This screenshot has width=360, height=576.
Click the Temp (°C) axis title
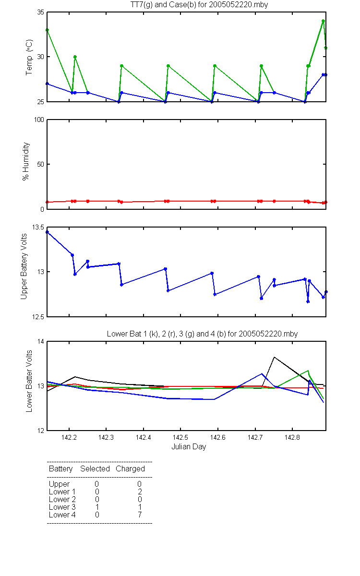[29, 57]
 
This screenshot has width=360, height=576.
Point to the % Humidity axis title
[25, 161]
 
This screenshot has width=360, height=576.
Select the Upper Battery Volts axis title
[24, 266]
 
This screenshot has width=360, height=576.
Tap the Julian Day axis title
[189, 447]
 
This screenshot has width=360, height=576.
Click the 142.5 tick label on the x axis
[180, 437]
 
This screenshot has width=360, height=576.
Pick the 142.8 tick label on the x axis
[292, 437]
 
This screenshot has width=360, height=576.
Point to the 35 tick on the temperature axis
[41, 12]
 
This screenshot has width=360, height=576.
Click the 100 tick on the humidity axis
[39, 120]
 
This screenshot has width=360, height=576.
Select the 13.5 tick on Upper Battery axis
[38, 227]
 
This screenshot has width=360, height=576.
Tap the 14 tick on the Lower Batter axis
[41, 341]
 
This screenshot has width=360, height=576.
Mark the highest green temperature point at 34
[323, 21]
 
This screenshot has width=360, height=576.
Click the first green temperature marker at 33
[48, 30]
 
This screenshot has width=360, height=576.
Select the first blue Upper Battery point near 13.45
[48, 232]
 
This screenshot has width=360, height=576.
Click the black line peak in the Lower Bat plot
[275, 357]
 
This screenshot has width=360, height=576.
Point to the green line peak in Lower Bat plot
[308, 371]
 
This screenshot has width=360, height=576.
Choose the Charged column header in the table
[130, 469]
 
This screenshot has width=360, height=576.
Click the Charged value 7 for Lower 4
[140, 515]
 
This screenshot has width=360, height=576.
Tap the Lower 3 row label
[62, 507]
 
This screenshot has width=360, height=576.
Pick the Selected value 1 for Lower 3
[97, 507]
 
